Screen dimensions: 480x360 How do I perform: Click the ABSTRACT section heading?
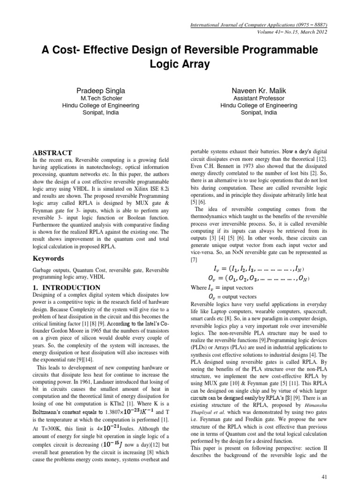[52, 153]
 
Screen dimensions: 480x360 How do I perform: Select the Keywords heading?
[49, 258]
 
